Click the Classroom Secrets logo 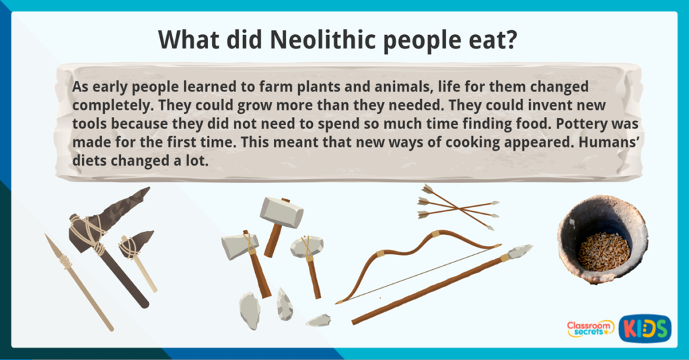tap(590, 328)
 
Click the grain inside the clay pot tap(603, 250)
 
